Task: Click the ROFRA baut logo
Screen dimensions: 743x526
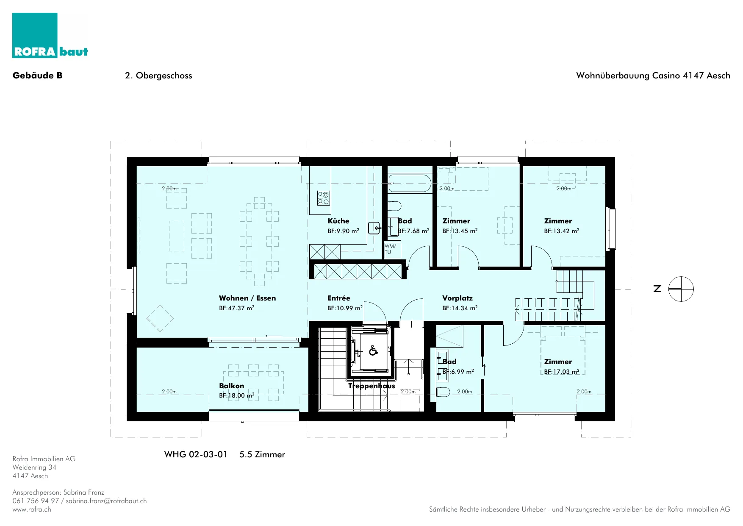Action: click(x=50, y=35)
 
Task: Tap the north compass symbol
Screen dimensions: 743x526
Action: click(x=681, y=289)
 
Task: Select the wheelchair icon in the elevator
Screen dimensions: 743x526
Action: click(x=373, y=351)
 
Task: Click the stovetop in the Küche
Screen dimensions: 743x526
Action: click(x=324, y=198)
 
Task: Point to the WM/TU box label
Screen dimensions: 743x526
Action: click(x=390, y=249)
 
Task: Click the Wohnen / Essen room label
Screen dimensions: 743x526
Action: click(x=247, y=298)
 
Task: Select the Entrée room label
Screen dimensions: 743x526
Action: click(x=339, y=298)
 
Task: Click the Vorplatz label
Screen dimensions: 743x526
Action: click(x=457, y=298)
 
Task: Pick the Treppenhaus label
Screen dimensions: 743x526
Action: click(x=371, y=386)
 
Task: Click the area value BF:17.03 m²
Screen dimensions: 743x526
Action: click(x=562, y=372)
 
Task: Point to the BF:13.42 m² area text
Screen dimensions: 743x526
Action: click(x=562, y=231)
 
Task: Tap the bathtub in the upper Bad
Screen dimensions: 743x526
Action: click(x=410, y=183)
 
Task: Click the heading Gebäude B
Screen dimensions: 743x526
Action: click(x=38, y=75)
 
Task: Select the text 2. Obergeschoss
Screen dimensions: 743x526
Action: click(x=158, y=75)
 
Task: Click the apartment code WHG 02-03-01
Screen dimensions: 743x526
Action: click(x=196, y=454)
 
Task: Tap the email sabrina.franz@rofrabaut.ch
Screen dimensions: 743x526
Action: click(x=106, y=501)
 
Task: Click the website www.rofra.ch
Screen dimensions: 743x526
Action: click(x=32, y=509)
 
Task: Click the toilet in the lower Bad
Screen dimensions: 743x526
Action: click(x=443, y=392)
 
